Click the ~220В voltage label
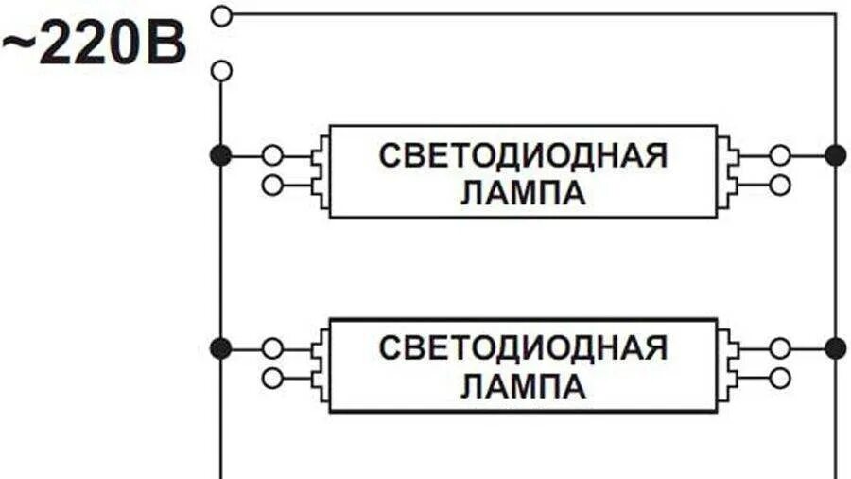(95, 46)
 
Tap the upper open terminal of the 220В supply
(221, 14)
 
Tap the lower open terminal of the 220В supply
(221, 71)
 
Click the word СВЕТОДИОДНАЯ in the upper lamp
(523, 155)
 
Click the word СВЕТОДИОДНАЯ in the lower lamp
(523, 347)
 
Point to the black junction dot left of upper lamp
(220, 155)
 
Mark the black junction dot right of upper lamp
(835, 155)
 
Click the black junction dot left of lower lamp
(220, 348)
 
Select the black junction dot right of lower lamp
(835, 348)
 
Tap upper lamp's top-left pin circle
(272, 155)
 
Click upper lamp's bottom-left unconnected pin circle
(272, 186)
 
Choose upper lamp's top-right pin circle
(780, 155)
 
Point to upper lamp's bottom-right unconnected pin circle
(780, 186)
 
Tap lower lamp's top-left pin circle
(272, 348)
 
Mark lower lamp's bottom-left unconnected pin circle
(272, 379)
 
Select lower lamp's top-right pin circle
(780, 348)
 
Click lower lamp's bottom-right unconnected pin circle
(780, 379)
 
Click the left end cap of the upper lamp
(322, 170)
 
